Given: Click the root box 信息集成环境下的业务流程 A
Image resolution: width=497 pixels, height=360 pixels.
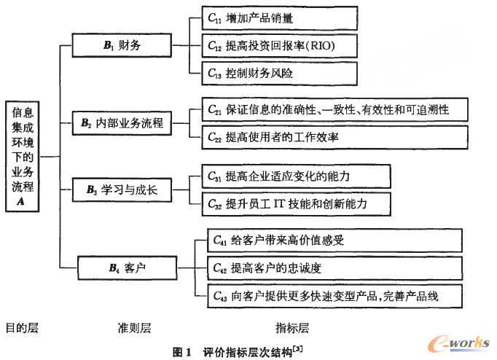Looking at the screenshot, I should (23, 156).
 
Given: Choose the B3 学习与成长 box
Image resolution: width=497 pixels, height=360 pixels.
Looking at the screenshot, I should (122, 191).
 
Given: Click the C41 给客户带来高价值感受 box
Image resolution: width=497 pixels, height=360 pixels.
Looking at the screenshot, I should (329, 240).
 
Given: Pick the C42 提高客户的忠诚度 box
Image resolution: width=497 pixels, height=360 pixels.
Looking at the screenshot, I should (329, 267).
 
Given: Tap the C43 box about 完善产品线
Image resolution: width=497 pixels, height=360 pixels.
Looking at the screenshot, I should (329, 295).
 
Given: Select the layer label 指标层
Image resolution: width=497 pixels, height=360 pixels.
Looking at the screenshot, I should (291, 328).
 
